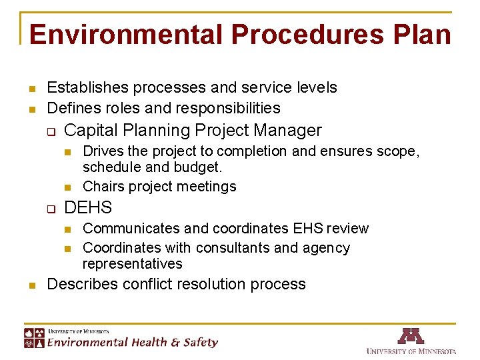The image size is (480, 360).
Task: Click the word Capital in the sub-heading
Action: (x=91, y=131)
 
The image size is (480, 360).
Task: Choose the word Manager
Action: (x=291, y=131)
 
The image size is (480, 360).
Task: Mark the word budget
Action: (x=199, y=167)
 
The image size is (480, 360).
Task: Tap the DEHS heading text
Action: (x=88, y=207)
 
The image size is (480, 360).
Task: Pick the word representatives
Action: (x=132, y=264)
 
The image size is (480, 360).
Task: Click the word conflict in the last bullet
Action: (x=150, y=284)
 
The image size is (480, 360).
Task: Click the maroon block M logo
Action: (x=411, y=336)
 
